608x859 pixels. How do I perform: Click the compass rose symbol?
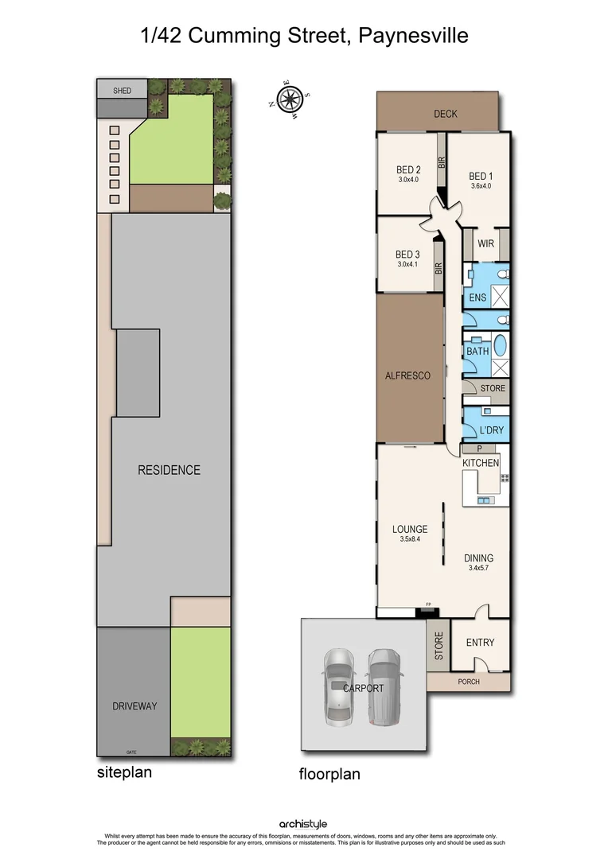288,99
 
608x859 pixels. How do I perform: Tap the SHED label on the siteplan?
122,91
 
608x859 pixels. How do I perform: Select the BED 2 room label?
408,169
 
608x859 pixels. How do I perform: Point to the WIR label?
485,244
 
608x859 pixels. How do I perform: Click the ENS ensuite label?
477,297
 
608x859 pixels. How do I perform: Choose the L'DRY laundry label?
491,430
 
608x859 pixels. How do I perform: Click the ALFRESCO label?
407,375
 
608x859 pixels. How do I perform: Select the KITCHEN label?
481,463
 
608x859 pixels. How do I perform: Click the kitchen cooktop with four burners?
504,478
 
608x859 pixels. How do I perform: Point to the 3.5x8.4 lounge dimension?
410,539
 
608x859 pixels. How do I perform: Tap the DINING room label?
479,558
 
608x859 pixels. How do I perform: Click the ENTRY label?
480,643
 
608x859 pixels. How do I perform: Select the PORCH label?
469,682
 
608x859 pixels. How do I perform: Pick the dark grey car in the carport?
384,686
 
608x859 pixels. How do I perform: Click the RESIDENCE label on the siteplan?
169,470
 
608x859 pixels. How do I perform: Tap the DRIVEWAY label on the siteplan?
134,705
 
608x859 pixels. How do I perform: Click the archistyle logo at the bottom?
303,824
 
